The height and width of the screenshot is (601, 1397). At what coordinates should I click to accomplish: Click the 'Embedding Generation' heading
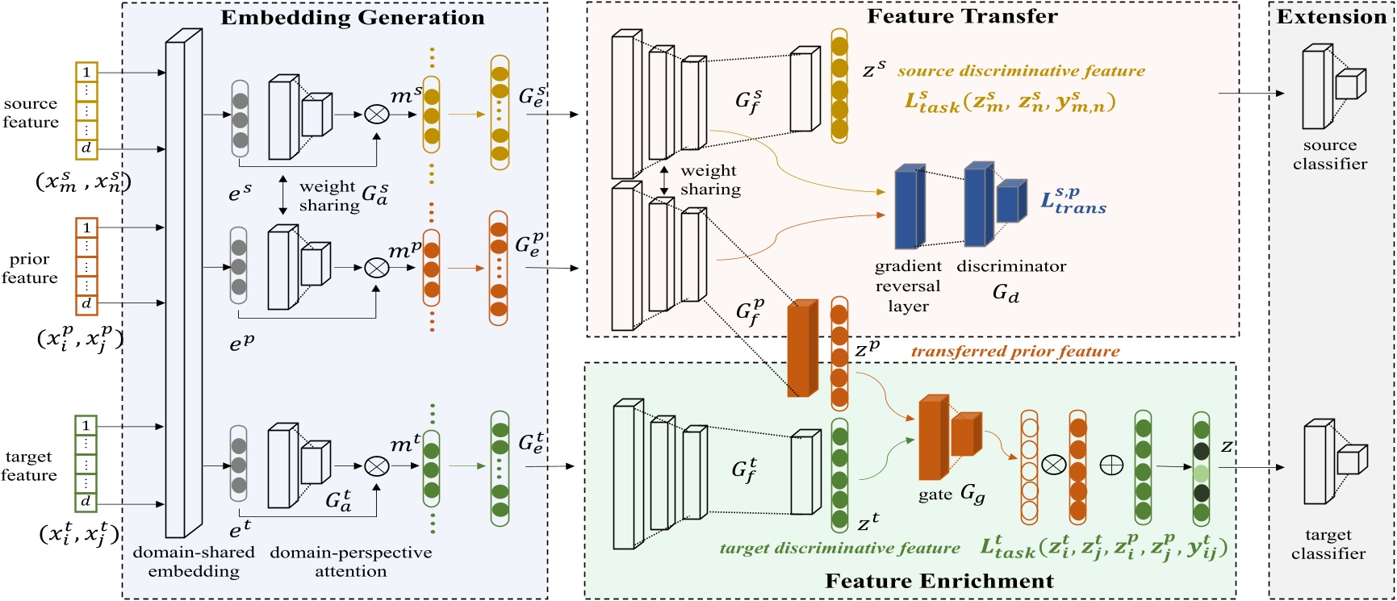[x=352, y=18]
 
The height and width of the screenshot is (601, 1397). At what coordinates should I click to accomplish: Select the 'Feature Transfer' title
[x=961, y=16]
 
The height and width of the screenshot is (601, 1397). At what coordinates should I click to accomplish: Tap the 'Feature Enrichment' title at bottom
[x=939, y=581]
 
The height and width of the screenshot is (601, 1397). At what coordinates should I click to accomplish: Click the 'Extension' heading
[x=1331, y=17]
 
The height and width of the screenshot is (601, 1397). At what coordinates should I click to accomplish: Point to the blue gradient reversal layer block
[x=909, y=207]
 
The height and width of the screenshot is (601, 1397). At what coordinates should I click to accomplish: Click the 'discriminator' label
[x=1010, y=266]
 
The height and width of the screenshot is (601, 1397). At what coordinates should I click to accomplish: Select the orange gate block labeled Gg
[x=934, y=438]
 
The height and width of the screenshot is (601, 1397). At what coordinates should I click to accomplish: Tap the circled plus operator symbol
[x=1111, y=465]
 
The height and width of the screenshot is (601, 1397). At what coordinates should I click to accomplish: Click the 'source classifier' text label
[x=1329, y=154]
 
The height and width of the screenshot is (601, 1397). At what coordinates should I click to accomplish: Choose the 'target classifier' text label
[x=1328, y=544]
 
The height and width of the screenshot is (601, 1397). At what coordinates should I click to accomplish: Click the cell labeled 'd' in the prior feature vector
[x=86, y=303]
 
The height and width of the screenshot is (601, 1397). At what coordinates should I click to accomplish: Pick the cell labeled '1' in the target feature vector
[x=86, y=425]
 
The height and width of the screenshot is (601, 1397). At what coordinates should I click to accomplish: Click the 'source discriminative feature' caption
[x=1021, y=71]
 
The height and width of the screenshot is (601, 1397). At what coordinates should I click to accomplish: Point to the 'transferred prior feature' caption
[x=1014, y=352]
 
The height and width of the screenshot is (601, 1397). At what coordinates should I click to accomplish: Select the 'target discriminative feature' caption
[x=839, y=548]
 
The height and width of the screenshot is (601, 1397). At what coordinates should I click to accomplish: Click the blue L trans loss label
[x=1073, y=201]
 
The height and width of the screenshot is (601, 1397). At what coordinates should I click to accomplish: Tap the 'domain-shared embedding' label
[x=194, y=561]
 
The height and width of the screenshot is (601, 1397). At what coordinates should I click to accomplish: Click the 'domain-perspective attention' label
[x=350, y=561]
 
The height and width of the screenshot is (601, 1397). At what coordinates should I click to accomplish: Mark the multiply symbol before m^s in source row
[x=376, y=115]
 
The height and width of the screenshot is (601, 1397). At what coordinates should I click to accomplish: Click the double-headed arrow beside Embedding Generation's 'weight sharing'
[x=282, y=195]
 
